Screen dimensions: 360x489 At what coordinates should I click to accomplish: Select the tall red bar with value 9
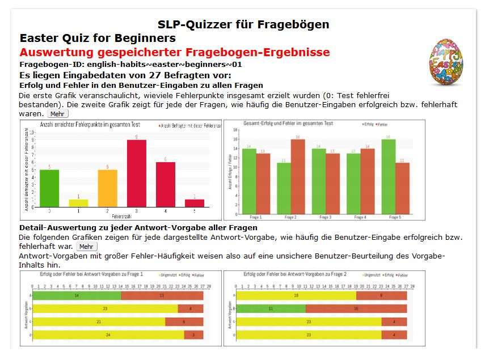(x=136, y=173)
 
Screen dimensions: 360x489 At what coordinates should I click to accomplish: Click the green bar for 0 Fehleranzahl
(x=49, y=188)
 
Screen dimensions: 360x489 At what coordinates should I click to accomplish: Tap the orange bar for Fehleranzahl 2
(x=107, y=188)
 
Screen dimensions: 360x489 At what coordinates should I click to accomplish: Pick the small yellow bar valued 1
(x=78, y=203)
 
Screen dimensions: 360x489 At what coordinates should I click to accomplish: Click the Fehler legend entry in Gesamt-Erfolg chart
(x=383, y=124)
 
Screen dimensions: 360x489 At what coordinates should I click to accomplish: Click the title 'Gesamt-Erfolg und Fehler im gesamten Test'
(x=288, y=123)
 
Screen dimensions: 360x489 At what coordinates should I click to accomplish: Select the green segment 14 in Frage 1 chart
(x=77, y=295)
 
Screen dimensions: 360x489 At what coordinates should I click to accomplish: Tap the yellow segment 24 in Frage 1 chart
(x=108, y=335)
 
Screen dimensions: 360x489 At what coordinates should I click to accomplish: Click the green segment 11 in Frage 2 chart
(x=271, y=309)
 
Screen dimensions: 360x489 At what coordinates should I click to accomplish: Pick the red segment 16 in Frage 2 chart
(x=356, y=309)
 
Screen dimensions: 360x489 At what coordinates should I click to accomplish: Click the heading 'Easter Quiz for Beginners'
(x=97, y=39)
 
